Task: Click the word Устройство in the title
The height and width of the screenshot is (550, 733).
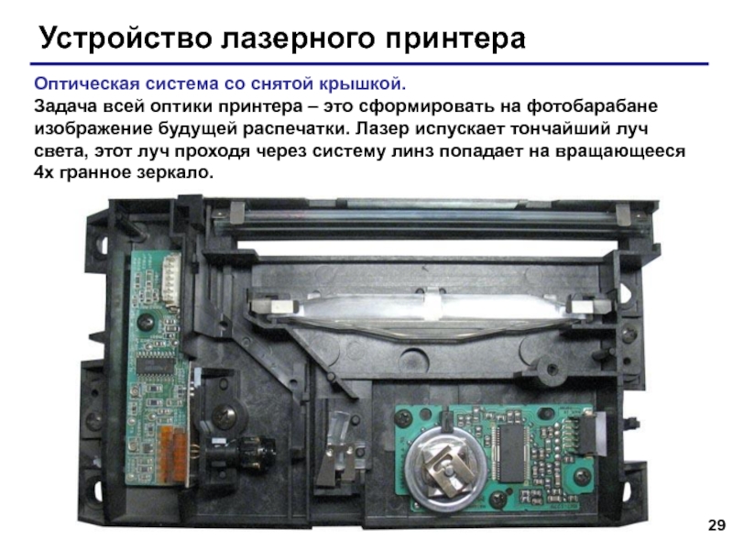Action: (x=126, y=38)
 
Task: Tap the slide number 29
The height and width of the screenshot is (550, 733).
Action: (x=717, y=525)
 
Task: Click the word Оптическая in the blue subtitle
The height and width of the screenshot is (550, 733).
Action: (x=87, y=84)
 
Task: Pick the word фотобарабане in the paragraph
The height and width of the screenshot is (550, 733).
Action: (x=592, y=106)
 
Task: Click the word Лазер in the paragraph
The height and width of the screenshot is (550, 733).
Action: (x=382, y=128)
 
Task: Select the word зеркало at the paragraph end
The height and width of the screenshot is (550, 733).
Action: (x=175, y=173)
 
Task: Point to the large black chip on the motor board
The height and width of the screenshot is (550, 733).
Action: (x=511, y=453)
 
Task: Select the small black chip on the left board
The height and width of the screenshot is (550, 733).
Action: (x=154, y=362)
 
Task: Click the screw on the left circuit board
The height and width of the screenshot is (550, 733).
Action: (x=144, y=323)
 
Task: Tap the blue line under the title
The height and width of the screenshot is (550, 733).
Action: (x=369, y=63)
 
